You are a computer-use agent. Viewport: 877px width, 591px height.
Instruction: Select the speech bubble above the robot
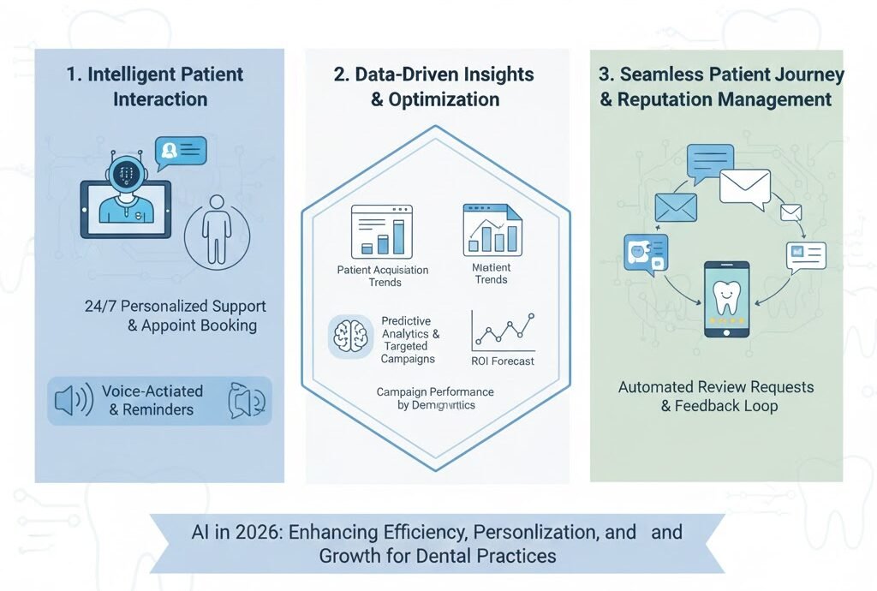click(x=181, y=152)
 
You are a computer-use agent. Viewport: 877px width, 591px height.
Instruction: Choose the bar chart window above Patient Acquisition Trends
click(x=381, y=230)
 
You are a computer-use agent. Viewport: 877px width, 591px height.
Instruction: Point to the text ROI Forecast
click(x=503, y=361)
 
